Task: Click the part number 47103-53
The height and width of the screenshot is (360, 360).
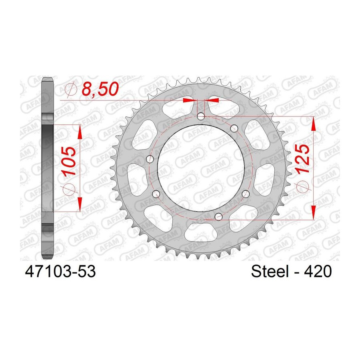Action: click(60, 271)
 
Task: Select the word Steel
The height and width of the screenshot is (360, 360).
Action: click(270, 271)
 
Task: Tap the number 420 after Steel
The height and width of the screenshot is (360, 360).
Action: click(318, 271)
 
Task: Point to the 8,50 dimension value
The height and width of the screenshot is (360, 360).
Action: click(100, 89)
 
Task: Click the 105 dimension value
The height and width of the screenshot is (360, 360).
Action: click(69, 161)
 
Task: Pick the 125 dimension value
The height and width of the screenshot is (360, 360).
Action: click(302, 159)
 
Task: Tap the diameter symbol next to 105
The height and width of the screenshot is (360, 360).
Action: click(69, 189)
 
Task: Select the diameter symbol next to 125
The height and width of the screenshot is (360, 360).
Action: click(303, 186)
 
